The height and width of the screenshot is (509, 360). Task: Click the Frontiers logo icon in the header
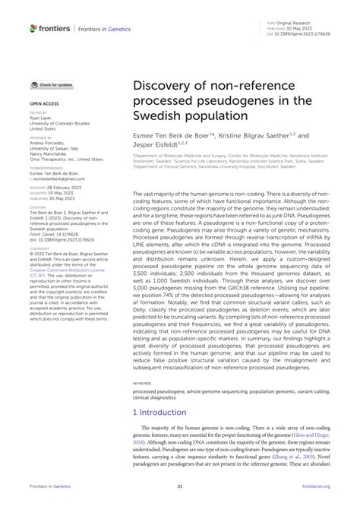[x=33, y=28]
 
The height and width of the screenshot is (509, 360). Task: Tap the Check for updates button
[x=52, y=84]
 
